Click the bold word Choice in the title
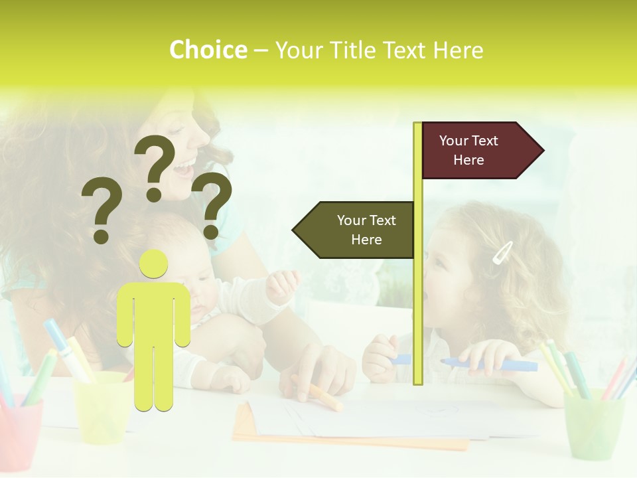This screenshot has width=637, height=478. pos(208,50)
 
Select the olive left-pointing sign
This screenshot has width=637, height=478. pos(355,230)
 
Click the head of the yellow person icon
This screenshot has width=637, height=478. pos(154,264)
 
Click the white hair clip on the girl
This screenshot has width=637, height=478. pos(502,252)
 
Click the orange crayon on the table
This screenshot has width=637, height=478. pos(317,393)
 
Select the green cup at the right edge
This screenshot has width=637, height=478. pos(595,424)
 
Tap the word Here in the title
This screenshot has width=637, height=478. pos(458,50)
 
